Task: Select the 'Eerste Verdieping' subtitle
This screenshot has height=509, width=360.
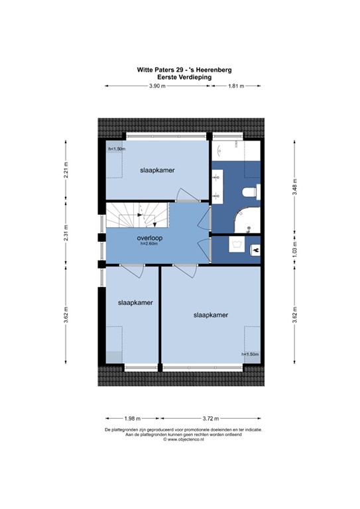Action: click(x=180, y=77)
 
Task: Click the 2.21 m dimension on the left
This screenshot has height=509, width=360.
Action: click(x=66, y=170)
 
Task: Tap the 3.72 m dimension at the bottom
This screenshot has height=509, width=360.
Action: click(x=211, y=418)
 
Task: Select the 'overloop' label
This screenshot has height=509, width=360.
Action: click(x=150, y=237)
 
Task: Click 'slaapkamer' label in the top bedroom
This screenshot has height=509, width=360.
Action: click(x=157, y=170)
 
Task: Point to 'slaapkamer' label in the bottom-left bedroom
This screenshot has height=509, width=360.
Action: click(x=135, y=302)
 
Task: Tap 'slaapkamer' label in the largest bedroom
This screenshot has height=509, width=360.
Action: click(x=211, y=315)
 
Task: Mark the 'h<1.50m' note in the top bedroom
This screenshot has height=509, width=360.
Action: click(x=117, y=149)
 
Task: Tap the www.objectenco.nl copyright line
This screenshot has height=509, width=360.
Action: click(x=179, y=439)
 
